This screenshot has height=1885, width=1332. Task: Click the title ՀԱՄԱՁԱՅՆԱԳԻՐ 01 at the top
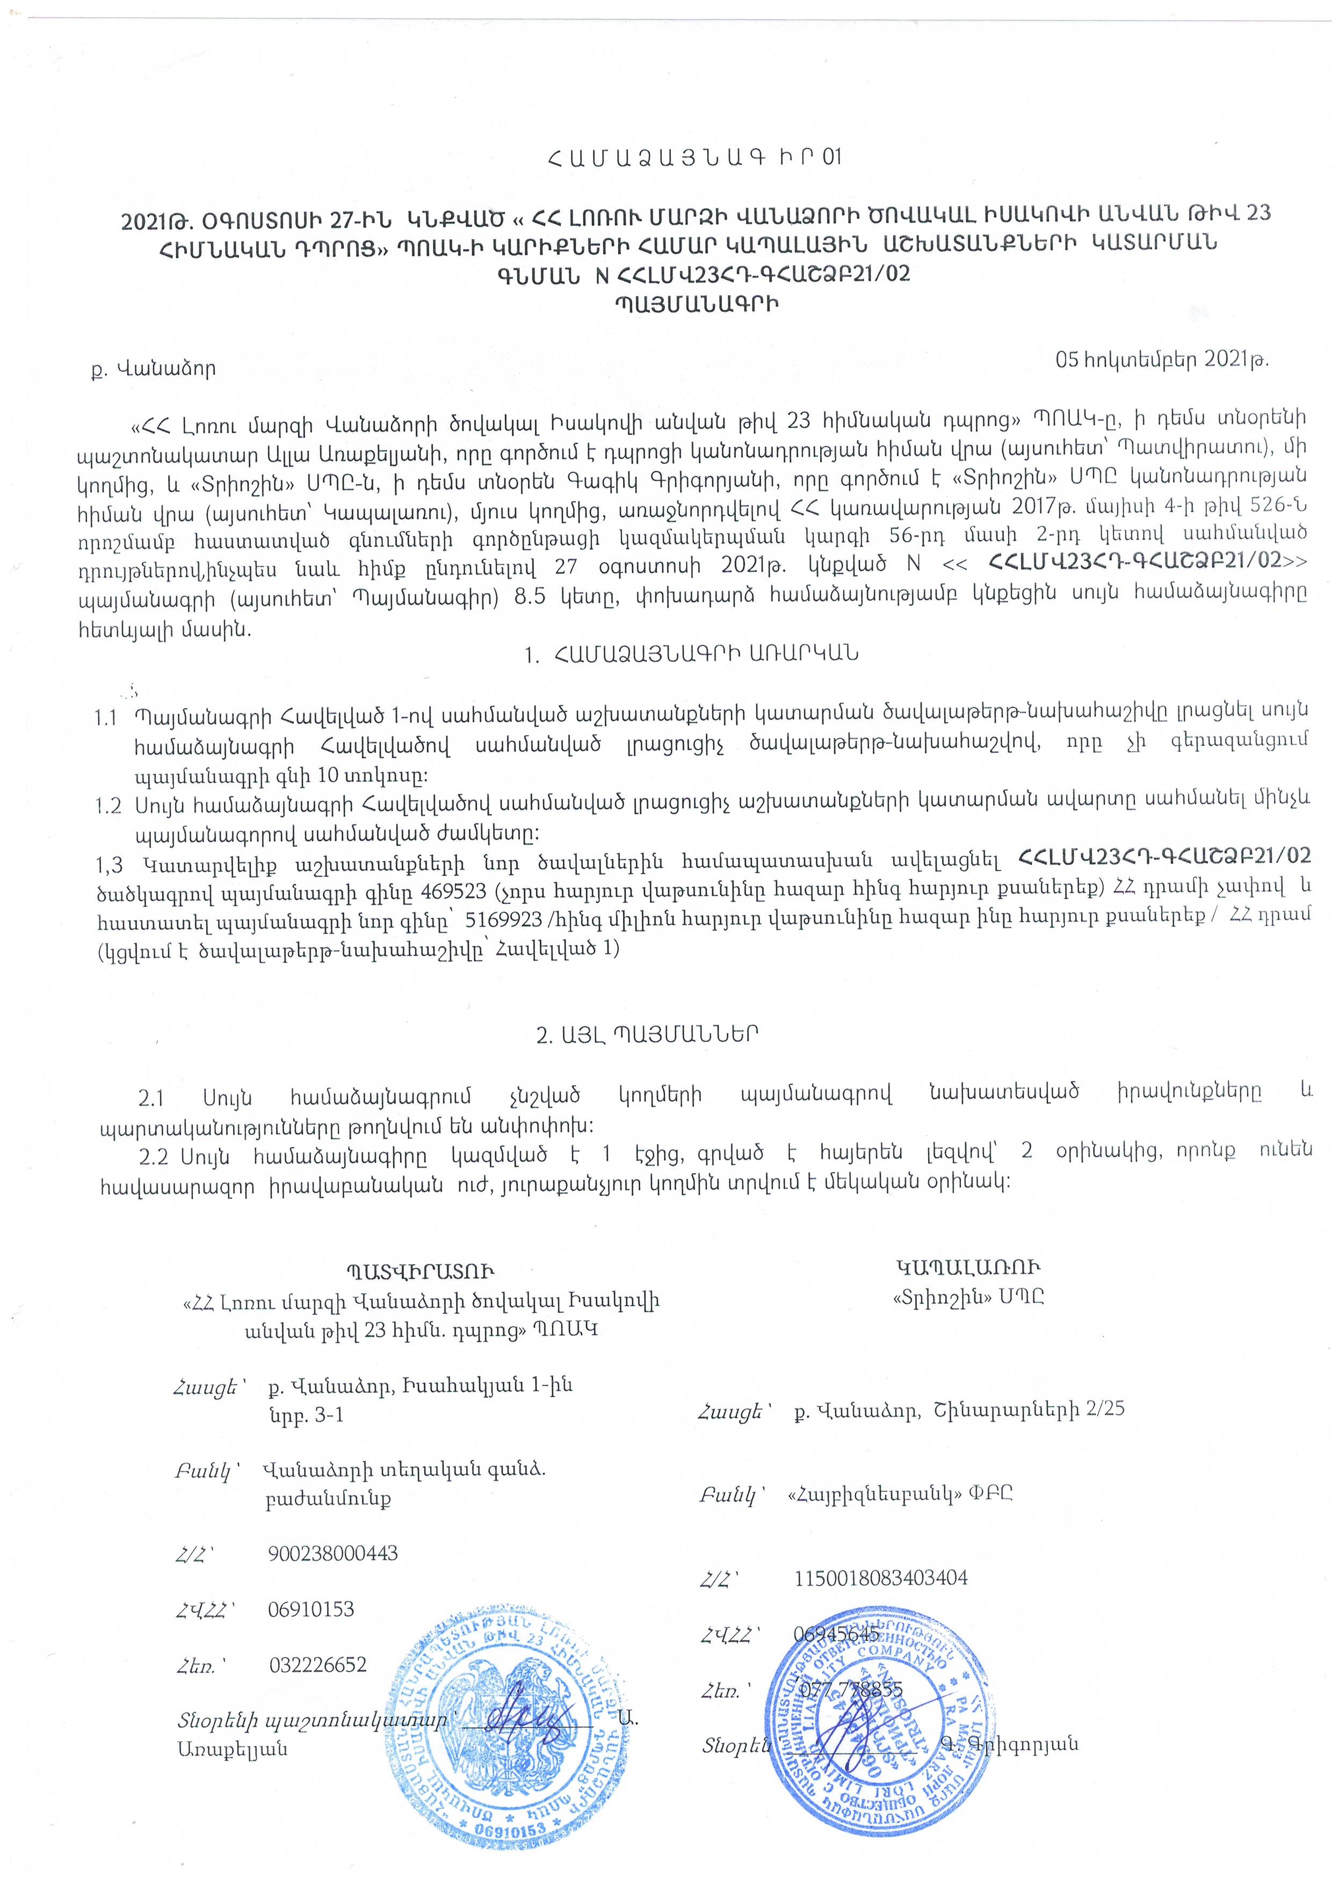pyautogui.click(x=693, y=157)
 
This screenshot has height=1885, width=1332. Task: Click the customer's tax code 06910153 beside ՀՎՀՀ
pyautogui.click(x=311, y=1609)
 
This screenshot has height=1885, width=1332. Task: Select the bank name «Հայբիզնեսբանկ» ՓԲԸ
pyautogui.click(x=900, y=1493)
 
